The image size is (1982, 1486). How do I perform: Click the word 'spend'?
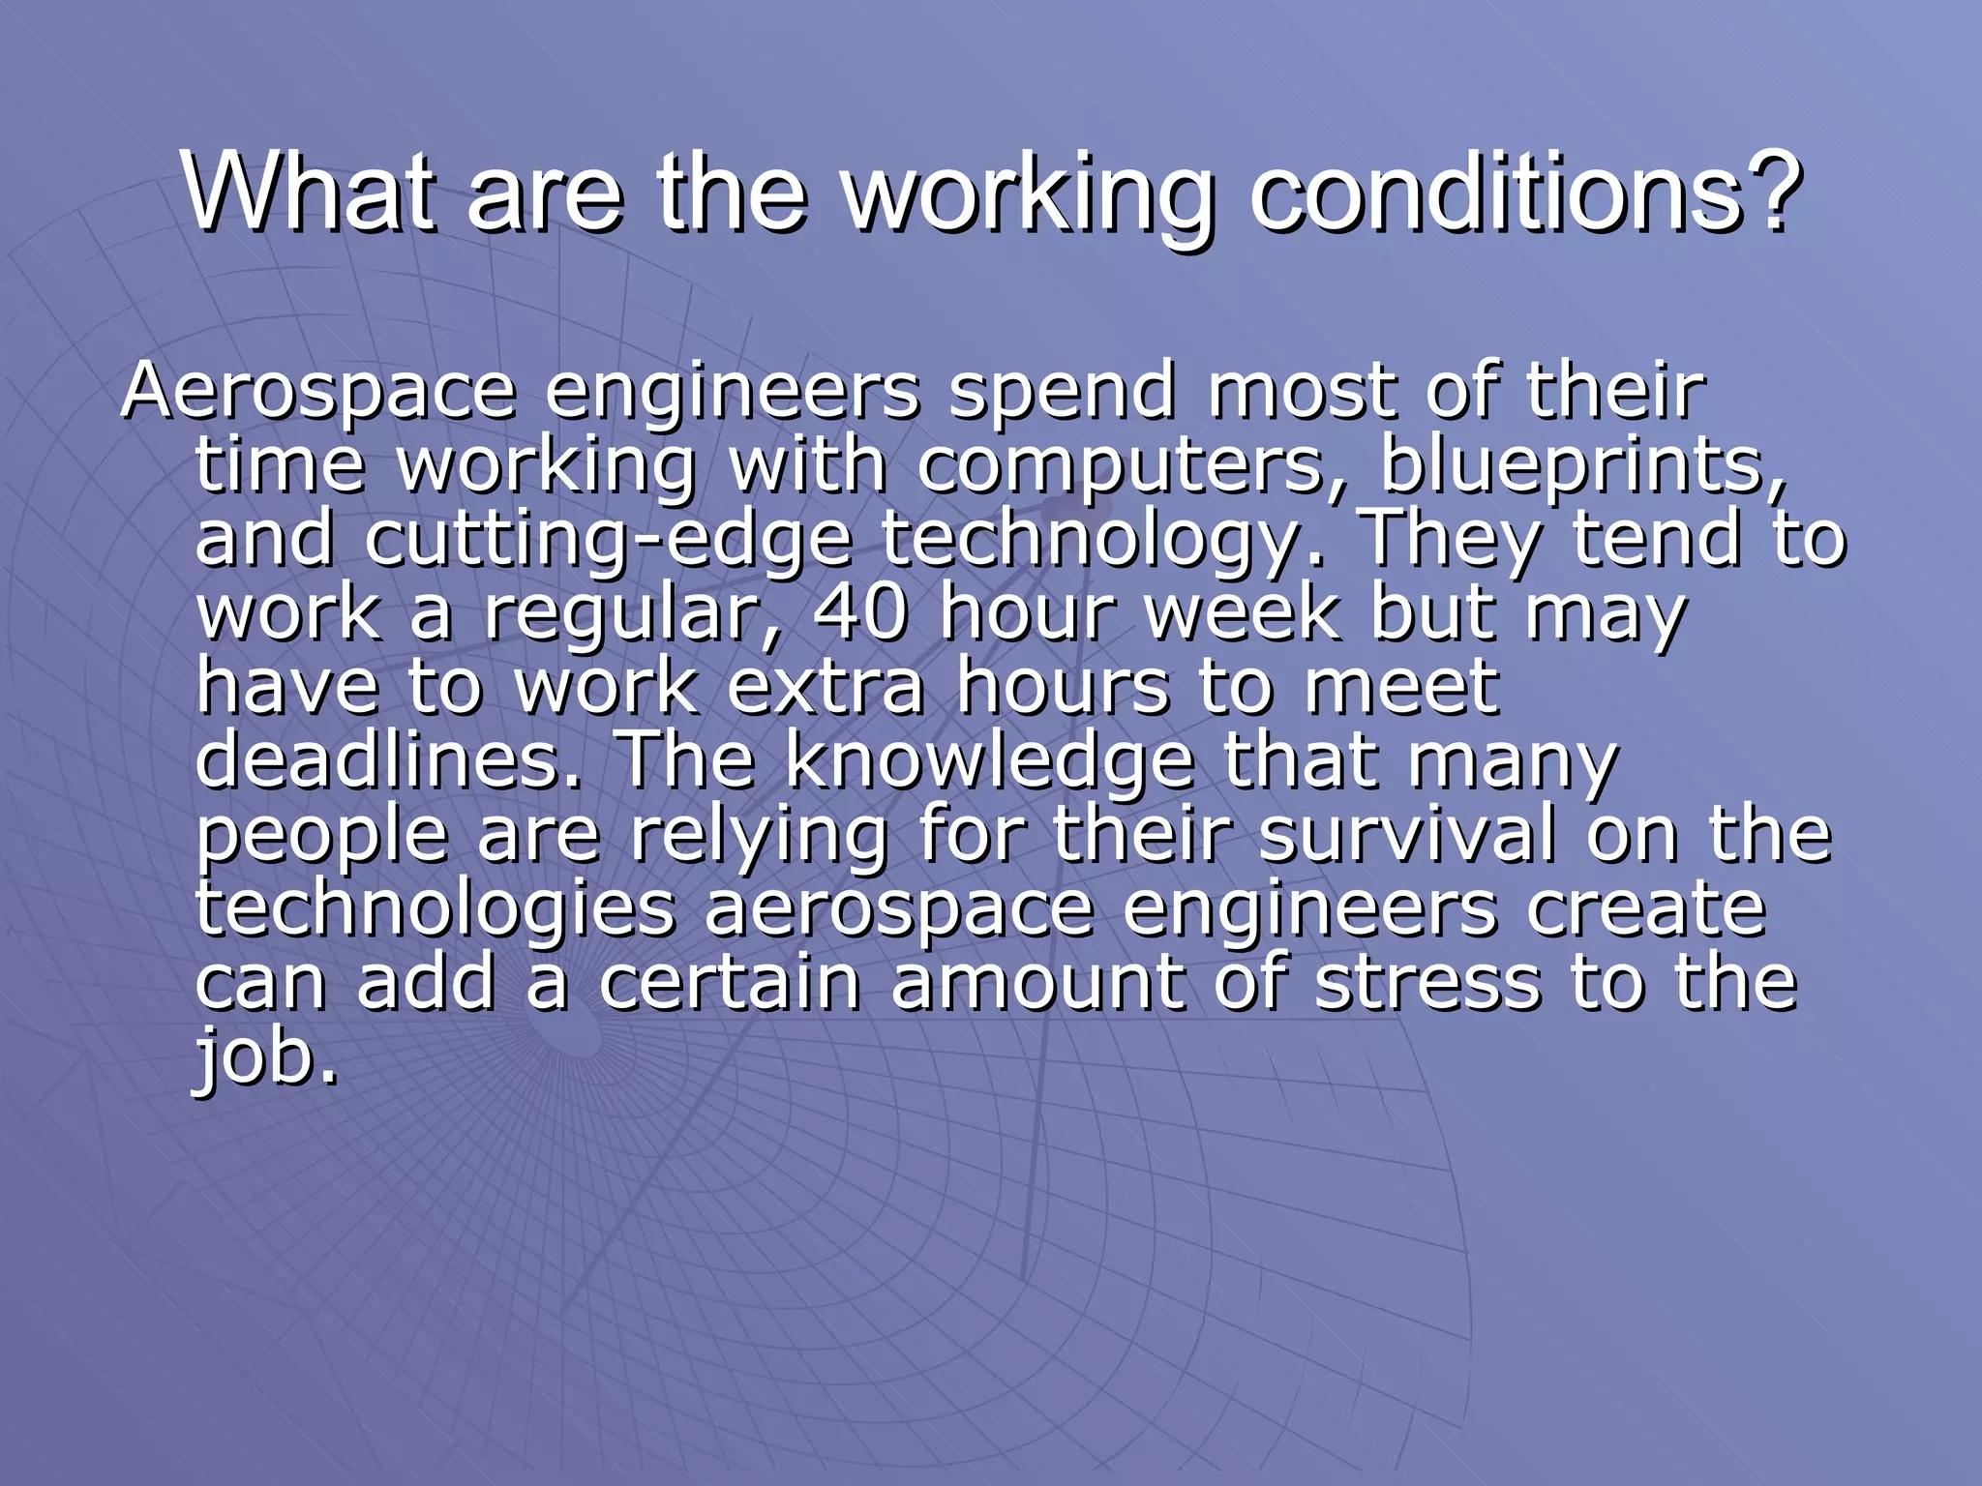pos(1062,392)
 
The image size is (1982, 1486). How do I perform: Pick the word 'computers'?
pos(1120,465)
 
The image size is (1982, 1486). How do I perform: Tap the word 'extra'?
pos(826,687)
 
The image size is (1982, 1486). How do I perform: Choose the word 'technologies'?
pos(435,908)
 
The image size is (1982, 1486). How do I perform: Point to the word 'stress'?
pos(1427,982)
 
